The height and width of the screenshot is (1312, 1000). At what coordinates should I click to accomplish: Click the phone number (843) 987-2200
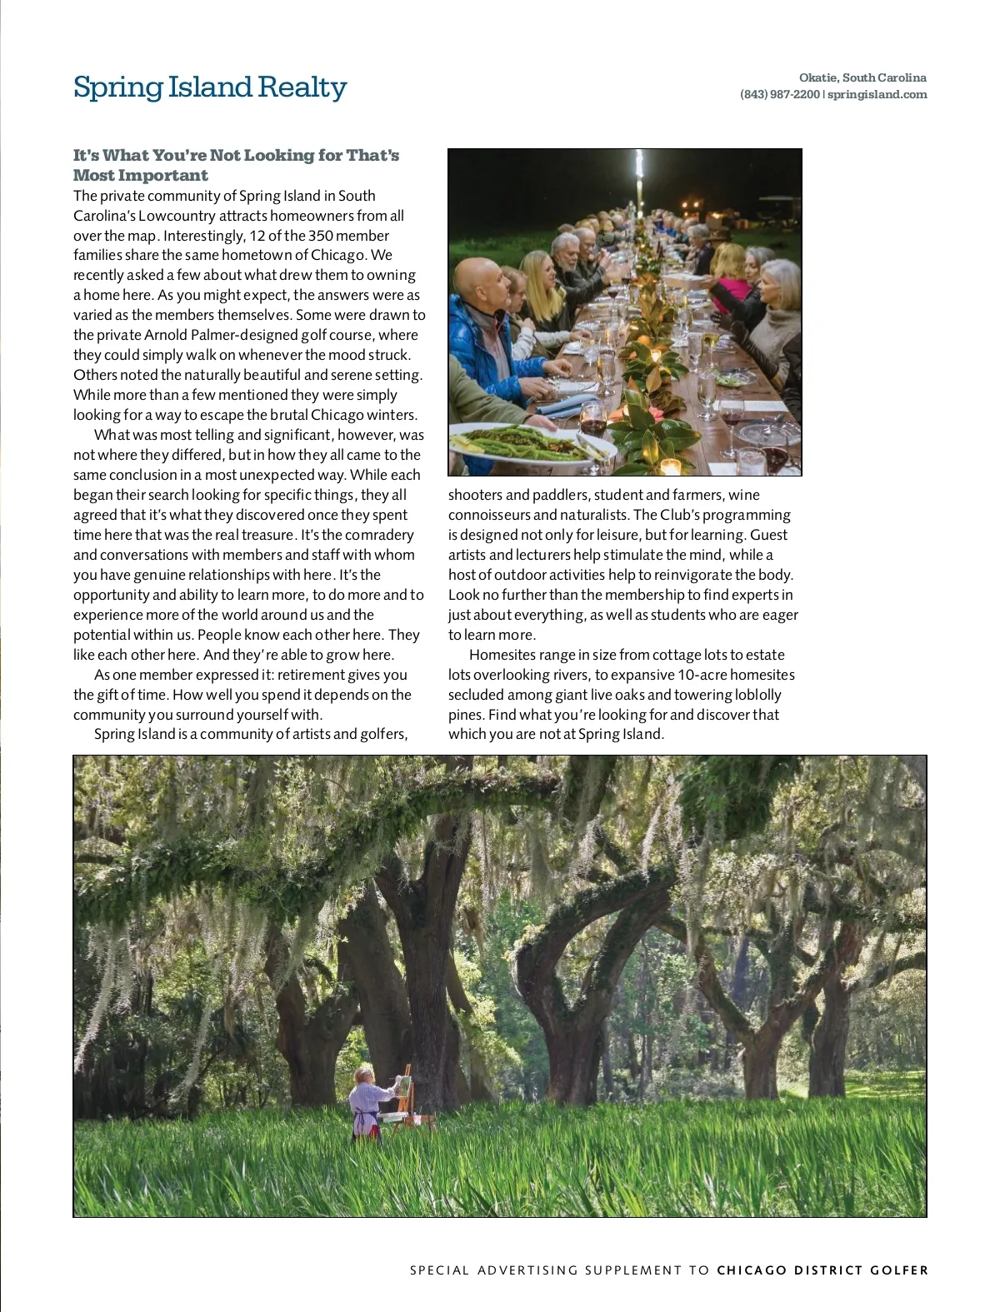point(779,94)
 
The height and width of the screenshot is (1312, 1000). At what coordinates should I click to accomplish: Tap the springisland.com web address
point(877,94)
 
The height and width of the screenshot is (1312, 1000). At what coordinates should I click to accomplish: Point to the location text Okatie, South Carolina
point(862,77)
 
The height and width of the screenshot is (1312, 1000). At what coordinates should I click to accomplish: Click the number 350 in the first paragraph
point(321,236)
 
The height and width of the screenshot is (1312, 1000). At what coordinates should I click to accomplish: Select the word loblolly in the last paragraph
point(754,695)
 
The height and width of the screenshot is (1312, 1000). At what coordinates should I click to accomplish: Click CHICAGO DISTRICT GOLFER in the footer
point(822,1270)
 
